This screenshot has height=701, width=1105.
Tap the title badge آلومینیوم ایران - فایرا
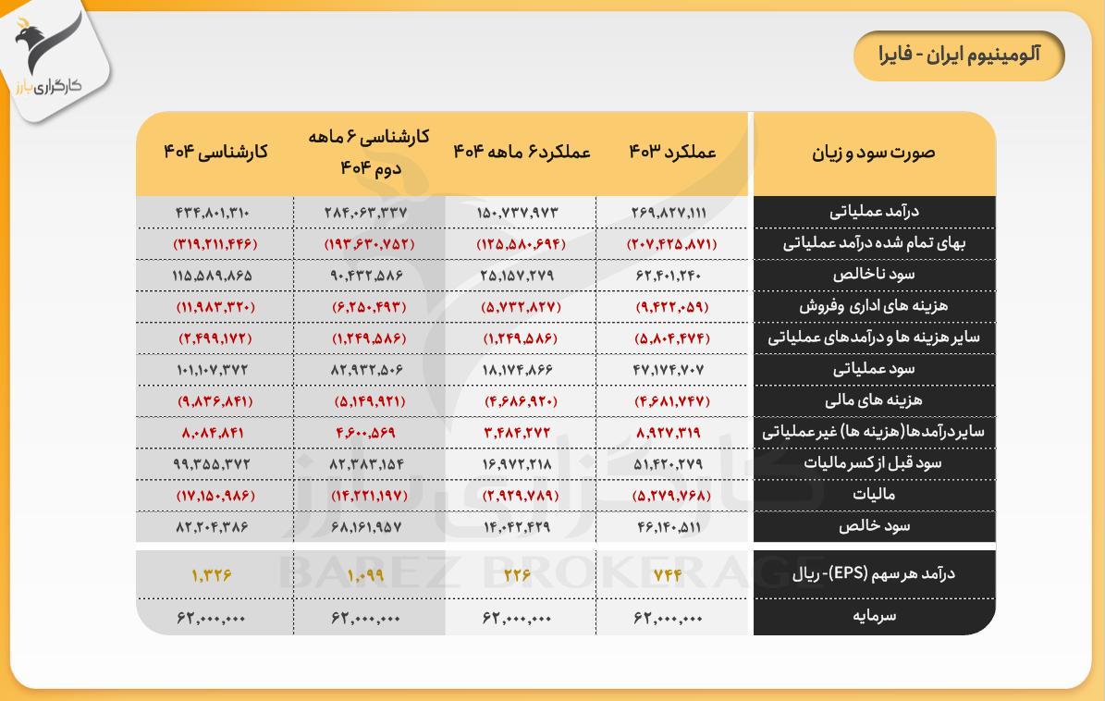(x=959, y=55)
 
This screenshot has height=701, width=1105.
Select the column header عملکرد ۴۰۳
(x=672, y=153)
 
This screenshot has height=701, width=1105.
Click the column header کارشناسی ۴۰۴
(x=215, y=153)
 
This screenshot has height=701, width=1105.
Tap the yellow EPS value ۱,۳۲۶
(x=212, y=574)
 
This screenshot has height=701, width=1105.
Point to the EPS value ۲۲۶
(x=518, y=574)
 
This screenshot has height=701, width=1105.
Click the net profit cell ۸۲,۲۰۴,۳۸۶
(x=212, y=526)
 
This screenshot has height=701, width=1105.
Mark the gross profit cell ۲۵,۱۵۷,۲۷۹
(x=518, y=275)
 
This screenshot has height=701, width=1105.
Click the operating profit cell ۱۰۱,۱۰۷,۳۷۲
(x=212, y=369)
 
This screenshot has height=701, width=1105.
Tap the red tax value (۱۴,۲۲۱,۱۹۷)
(x=367, y=495)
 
